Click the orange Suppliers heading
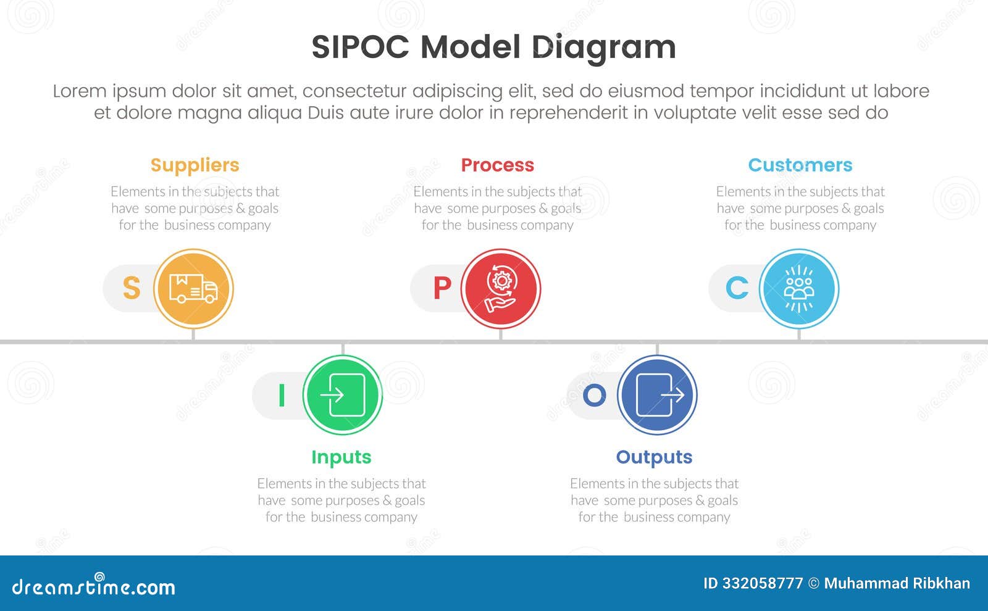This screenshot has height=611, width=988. click(195, 165)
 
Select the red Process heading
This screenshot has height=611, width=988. click(497, 165)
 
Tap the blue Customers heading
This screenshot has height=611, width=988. click(800, 165)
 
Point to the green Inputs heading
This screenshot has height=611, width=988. click(341, 457)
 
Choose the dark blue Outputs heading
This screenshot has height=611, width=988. click(654, 457)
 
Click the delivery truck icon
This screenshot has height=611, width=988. click(193, 289)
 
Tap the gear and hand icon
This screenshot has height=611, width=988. click(501, 289)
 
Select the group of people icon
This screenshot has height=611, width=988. click(799, 289)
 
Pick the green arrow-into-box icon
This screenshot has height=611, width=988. click(343, 395)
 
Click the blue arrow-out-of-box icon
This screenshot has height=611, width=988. click(658, 395)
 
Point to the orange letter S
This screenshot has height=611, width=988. click(132, 288)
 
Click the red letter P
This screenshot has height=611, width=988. click(442, 288)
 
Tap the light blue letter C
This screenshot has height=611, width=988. click(737, 288)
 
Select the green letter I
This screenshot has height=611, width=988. click(282, 396)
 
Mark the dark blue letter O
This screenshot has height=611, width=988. click(594, 396)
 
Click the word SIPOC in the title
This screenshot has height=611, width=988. click(361, 48)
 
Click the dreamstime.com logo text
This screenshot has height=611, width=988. click(94, 586)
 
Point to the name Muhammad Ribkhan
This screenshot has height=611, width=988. click(897, 583)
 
